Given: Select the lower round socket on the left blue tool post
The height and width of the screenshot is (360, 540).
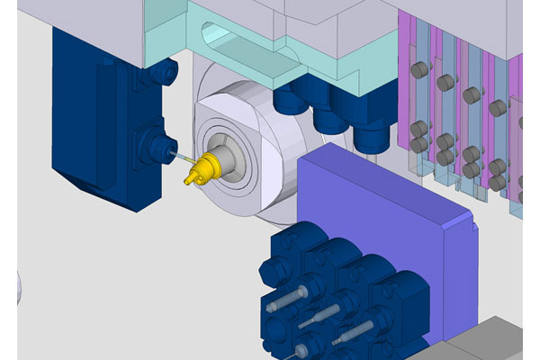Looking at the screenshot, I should [160, 141].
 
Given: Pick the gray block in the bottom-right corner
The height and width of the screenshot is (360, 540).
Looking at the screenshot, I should [486, 342].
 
